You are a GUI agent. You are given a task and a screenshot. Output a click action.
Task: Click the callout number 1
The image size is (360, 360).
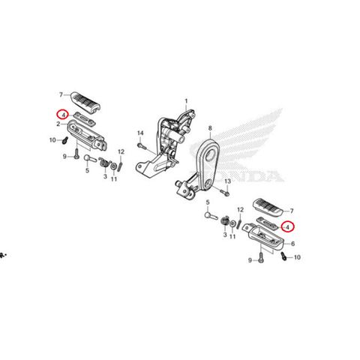click(x=186, y=101)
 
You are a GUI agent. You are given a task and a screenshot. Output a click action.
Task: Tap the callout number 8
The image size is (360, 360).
click(x=210, y=128)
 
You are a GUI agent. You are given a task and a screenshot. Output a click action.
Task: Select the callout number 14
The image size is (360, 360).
click(x=140, y=133)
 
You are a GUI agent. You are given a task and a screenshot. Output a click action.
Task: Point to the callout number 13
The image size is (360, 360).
click(x=227, y=181)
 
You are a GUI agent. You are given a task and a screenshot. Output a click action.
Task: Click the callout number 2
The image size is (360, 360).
click(x=58, y=124)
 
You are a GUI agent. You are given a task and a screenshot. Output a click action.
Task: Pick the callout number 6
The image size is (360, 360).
click(x=293, y=244)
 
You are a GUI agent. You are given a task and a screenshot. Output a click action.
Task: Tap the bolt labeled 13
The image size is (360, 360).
click(x=225, y=193)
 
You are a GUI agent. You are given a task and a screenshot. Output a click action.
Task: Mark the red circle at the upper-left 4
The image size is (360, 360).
click(x=62, y=115)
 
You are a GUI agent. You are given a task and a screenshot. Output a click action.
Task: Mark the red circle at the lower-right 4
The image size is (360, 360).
click(x=288, y=227)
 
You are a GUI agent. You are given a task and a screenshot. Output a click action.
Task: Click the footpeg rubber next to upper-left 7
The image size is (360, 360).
click(x=85, y=101)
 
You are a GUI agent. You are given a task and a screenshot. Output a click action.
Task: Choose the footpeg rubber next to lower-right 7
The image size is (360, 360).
click(x=268, y=207)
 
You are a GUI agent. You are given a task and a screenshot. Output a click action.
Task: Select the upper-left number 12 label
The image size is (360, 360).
click(x=121, y=151)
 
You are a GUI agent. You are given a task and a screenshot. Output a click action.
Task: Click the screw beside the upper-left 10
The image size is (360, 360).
click(x=65, y=140)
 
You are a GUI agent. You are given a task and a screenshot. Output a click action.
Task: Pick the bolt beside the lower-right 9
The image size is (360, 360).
click(x=261, y=257)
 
